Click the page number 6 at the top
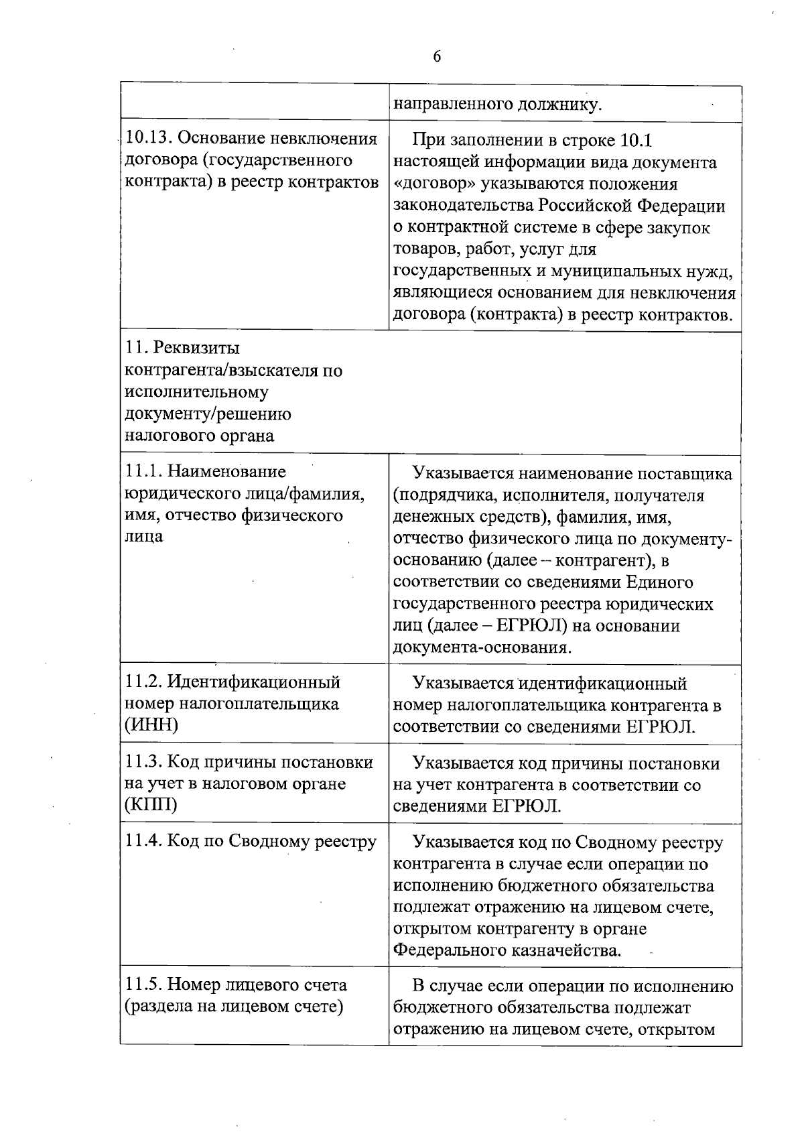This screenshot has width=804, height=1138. pyautogui.click(x=437, y=57)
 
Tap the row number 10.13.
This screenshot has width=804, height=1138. pyautogui.click(x=149, y=139)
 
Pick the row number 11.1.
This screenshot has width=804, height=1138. pyautogui.click(x=143, y=472)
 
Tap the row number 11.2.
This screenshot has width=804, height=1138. pyautogui.click(x=143, y=682)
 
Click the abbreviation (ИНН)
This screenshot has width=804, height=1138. pyautogui.click(x=151, y=725)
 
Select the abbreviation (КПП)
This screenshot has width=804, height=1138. pyautogui.click(x=151, y=804)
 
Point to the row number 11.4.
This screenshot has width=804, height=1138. pyautogui.click(x=143, y=842)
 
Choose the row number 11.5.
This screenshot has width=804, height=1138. pyautogui.click(x=143, y=985)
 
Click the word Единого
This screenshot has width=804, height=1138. pyautogui.click(x=659, y=582)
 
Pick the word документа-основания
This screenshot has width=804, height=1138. pyautogui.click(x=482, y=648)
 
